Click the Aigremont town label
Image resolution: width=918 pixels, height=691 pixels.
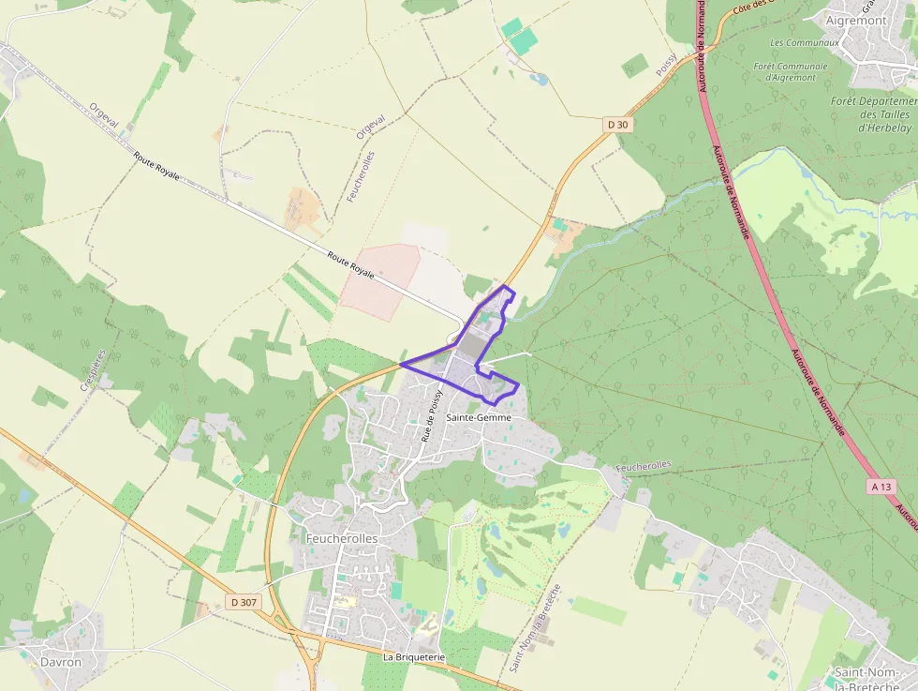point(857,19)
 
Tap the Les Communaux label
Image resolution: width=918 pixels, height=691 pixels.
point(804,43)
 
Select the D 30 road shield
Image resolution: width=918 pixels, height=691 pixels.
point(616,123)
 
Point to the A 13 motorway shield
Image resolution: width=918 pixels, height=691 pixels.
point(881,487)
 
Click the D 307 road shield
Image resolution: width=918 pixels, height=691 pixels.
point(243,602)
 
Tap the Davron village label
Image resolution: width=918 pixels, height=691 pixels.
point(61,662)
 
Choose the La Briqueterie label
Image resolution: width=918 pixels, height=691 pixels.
point(413,657)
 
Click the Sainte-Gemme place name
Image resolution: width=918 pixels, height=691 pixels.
point(479,416)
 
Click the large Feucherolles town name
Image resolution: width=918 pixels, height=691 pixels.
point(342,538)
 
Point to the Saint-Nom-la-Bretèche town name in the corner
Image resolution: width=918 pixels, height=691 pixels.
point(875,677)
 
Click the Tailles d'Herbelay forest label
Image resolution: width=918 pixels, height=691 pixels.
point(873,114)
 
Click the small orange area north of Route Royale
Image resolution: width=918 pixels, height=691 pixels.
point(303,208)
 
